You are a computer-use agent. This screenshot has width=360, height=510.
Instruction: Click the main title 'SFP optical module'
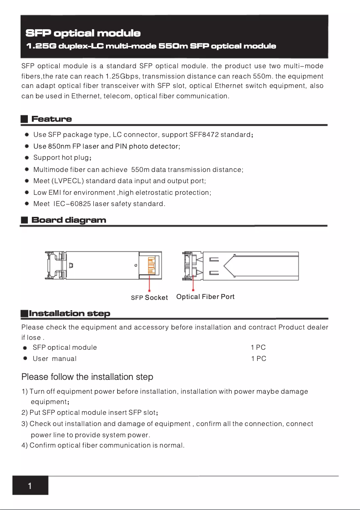tap(83, 33)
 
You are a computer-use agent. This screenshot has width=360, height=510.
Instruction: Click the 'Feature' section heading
tap(52, 119)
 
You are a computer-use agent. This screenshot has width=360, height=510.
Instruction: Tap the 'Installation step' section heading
tap(69, 313)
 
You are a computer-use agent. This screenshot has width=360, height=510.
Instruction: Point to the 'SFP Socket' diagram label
tap(149, 298)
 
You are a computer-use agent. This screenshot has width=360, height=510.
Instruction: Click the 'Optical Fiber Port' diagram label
tap(205, 297)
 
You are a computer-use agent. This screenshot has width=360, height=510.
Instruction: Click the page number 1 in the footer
tap(30, 486)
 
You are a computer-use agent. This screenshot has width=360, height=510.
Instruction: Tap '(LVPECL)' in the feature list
tap(67, 181)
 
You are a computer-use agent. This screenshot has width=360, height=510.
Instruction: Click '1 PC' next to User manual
tap(259, 359)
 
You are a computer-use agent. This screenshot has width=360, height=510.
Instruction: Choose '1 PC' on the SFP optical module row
tap(259, 347)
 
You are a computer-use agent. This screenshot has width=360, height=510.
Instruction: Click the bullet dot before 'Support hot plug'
tap(27, 158)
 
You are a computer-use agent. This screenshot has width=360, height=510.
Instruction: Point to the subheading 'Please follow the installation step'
tap(87, 377)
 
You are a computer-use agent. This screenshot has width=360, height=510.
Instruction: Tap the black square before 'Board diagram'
tap(25, 220)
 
